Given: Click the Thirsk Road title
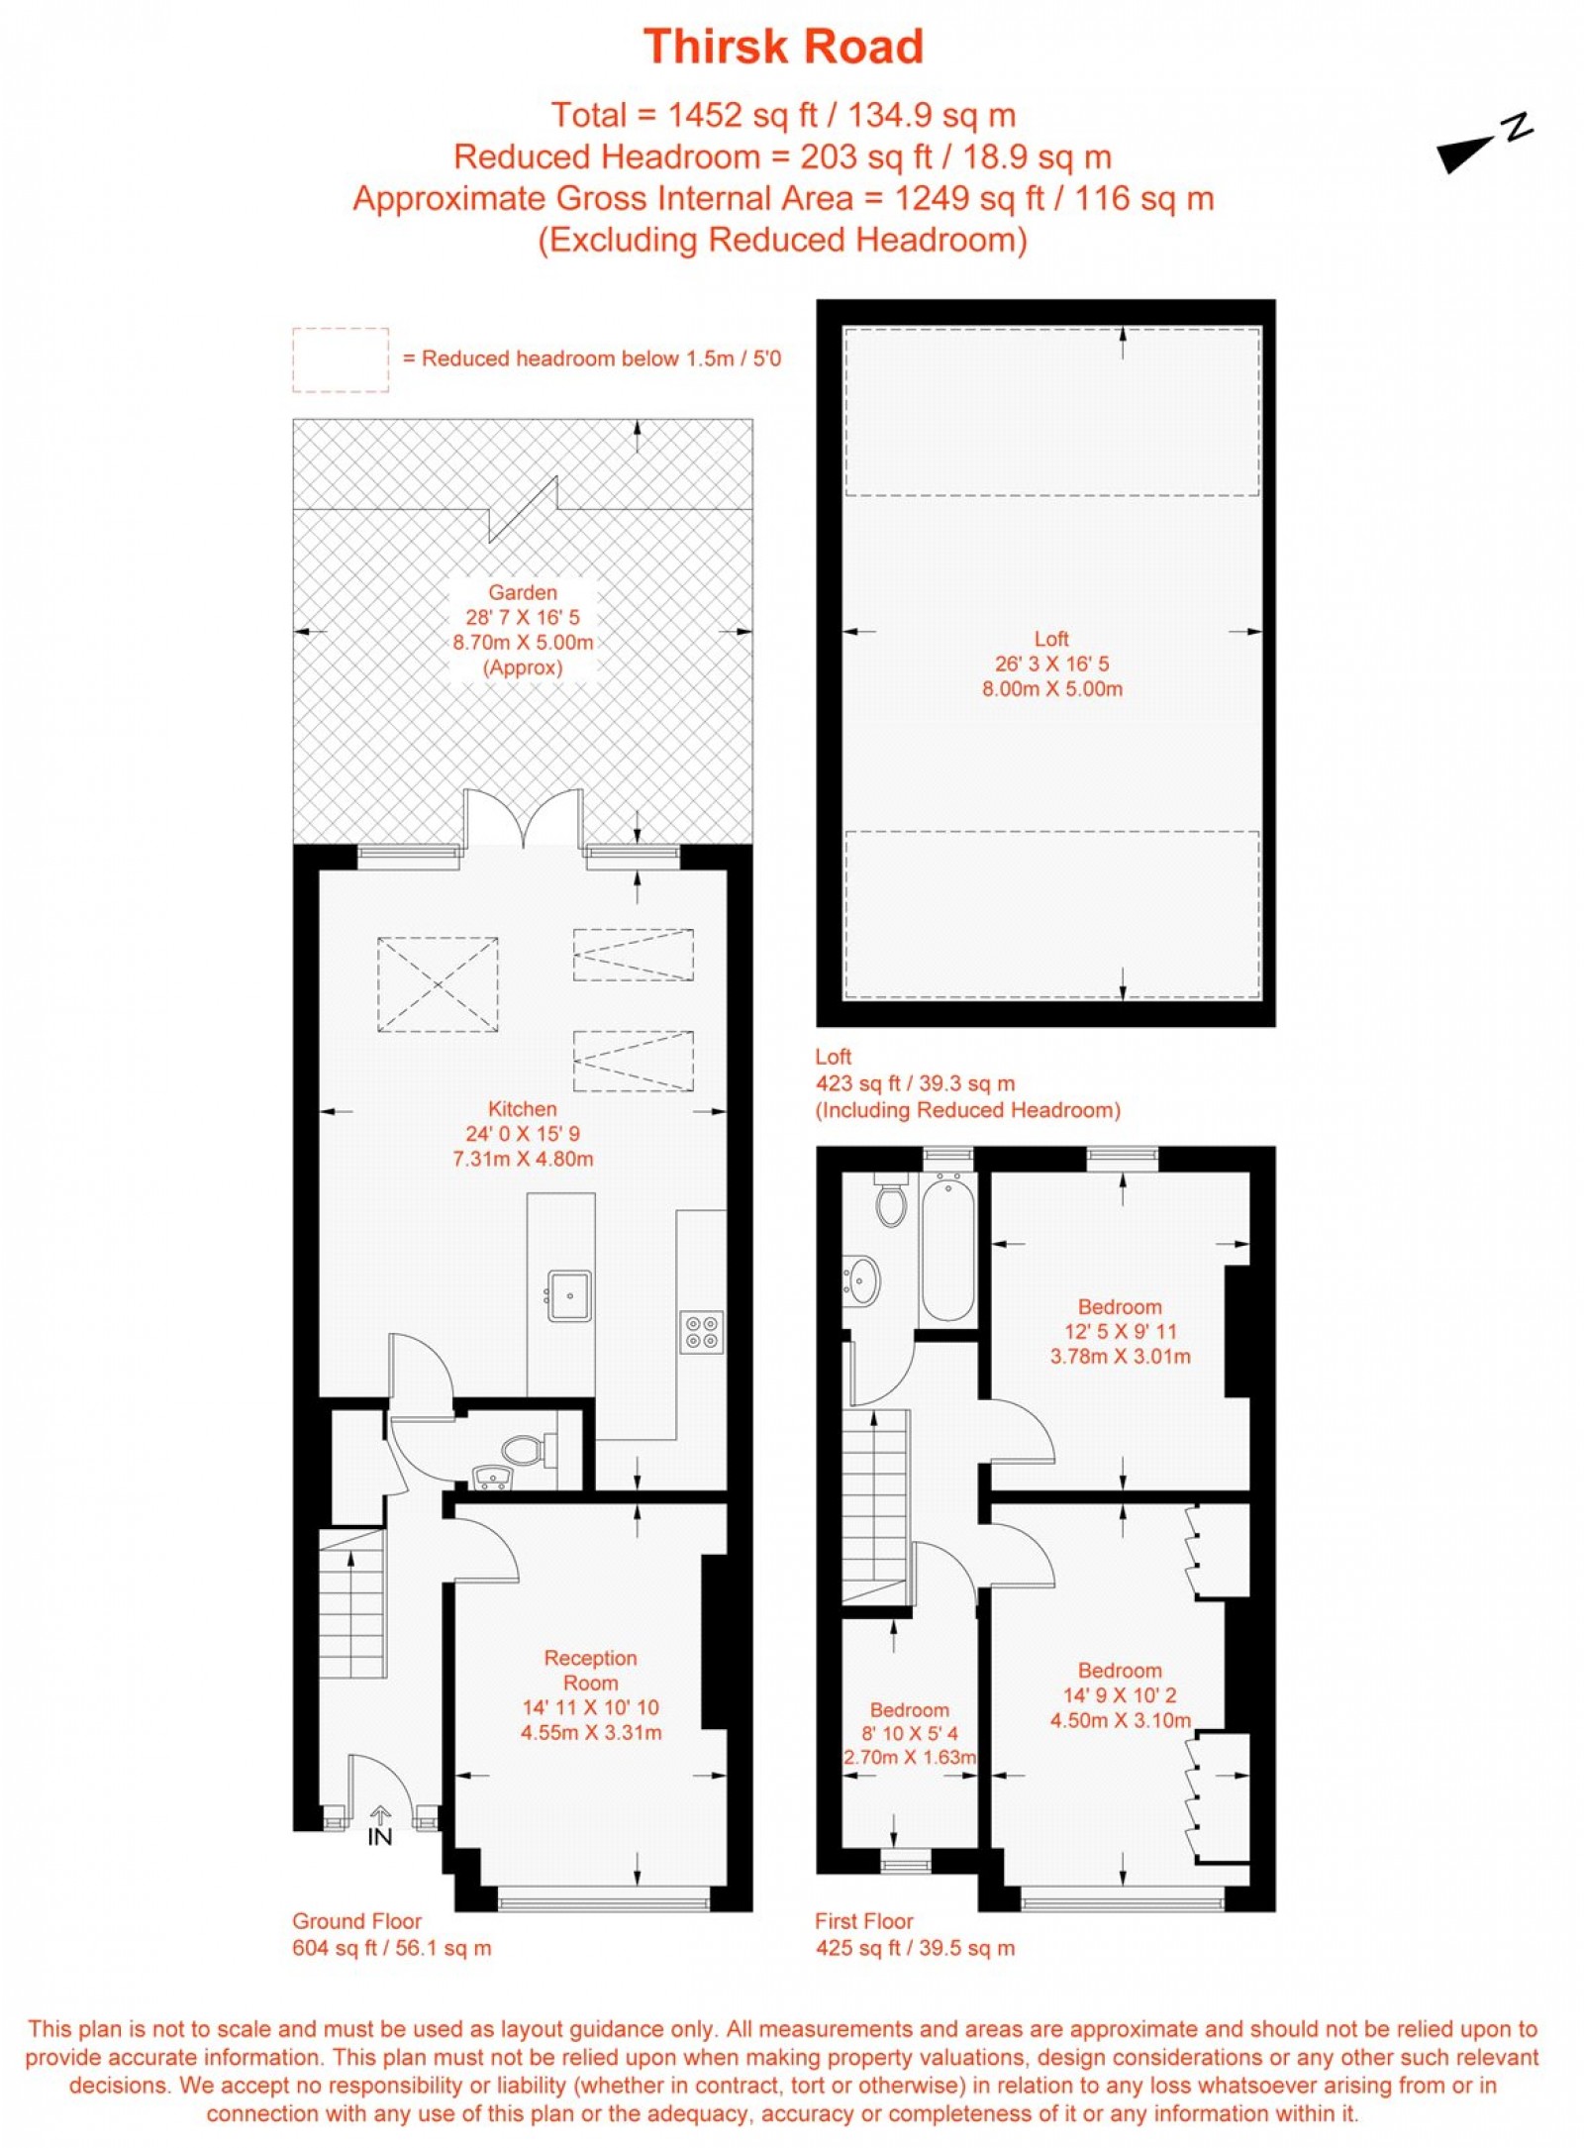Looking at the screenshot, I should (x=783, y=47).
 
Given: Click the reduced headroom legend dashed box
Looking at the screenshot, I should (x=340, y=359).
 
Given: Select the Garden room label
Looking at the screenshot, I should (x=522, y=592).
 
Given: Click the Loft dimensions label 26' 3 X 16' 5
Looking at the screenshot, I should (x=1051, y=664).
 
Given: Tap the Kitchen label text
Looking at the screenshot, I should (x=522, y=1108).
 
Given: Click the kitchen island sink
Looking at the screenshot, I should (x=569, y=1295).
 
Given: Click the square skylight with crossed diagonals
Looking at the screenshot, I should (x=438, y=984).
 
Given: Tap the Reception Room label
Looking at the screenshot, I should (x=590, y=1670).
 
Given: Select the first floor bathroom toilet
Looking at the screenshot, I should (x=891, y=1201).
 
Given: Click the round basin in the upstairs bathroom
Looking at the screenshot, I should (x=862, y=1281).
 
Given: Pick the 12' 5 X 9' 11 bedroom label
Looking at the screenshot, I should (x=1120, y=1331).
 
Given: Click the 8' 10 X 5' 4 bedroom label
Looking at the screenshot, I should (x=909, y=1733).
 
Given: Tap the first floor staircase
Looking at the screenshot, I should (x=875, y=1506).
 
